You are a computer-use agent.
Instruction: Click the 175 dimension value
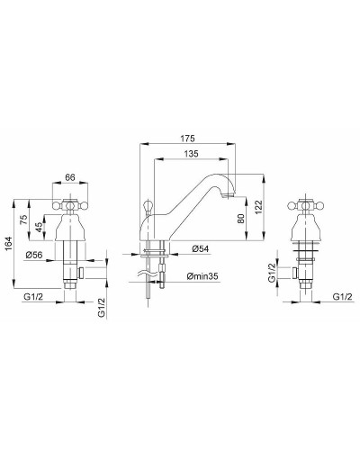[187, 139]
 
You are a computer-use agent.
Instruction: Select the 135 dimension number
[191, 154]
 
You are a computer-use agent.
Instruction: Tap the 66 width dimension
[70, 177]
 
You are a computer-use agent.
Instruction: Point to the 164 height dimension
[9, 244]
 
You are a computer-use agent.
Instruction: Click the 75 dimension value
[24, 220]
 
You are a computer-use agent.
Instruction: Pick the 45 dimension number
[39, 227]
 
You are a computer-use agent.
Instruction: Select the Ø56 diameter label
[34, 256]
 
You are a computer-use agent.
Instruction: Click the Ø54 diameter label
[201, 248]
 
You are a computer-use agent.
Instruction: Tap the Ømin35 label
[202, 276]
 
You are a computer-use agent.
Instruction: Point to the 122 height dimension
[258, 207]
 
